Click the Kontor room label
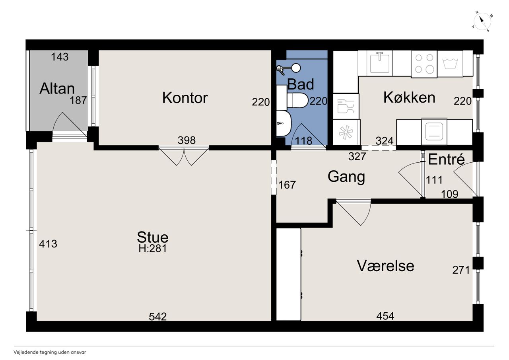point(185,98)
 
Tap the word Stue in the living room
point(153,237)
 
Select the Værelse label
point(386,266)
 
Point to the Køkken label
point(410,98)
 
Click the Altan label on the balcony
point(57,88)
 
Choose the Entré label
point(446,159)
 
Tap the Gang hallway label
point(346,177)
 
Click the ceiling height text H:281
point(153,248)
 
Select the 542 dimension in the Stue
point(158,317)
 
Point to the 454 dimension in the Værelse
point(385,316)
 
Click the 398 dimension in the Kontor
point(187,140)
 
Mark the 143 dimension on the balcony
point(60,57)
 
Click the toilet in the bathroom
point(297,100)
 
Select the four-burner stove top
point(424,64)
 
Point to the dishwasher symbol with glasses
point(346,106)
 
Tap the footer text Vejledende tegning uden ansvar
point(50,352)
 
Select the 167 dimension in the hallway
point(287,185)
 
